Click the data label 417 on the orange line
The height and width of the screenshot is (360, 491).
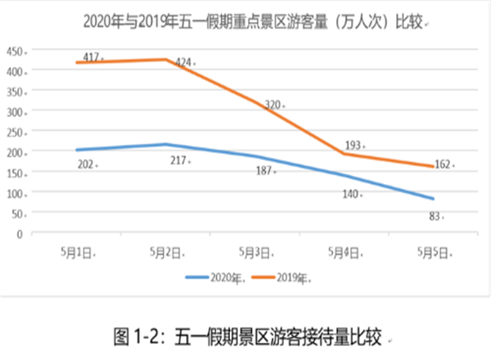click(91, 57)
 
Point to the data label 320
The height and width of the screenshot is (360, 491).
click(273, 104)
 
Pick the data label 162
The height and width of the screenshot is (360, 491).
click(441, 164)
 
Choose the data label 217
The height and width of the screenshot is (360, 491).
click(178, 161)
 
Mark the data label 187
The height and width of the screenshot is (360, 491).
click(264, 171)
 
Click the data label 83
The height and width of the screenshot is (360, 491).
click(435, 216)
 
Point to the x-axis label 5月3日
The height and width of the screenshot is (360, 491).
click(256, 253)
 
